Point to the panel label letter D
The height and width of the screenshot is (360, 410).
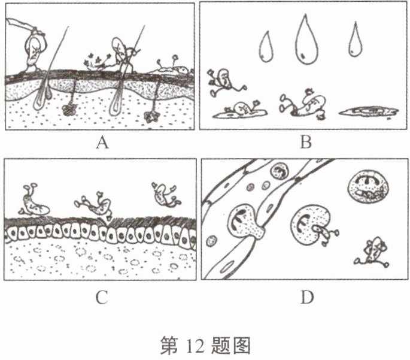[x=306, y=295]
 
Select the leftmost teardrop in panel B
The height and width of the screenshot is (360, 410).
[x=265, y=46]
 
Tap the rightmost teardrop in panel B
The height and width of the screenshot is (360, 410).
[x=357, y=40]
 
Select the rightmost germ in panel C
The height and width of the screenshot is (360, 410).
[x=163, y=192]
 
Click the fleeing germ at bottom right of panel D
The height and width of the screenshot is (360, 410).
[x=375, y=250]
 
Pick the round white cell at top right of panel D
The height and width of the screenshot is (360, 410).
[x=366, y=190]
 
